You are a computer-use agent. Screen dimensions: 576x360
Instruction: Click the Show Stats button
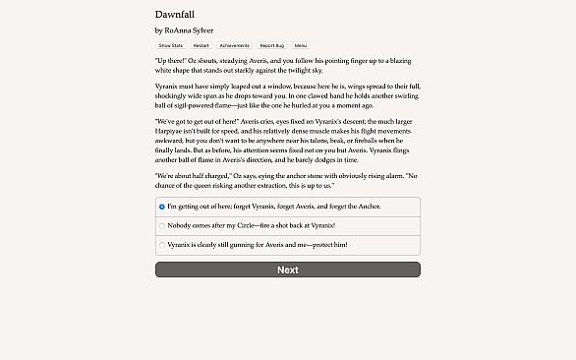point(170,45)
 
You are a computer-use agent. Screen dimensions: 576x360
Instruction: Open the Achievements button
point(234,45)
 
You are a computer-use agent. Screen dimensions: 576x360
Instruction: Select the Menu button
point(300,45)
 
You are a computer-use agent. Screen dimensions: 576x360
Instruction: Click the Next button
point(288,270)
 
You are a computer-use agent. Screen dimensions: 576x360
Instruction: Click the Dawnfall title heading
point(174,15)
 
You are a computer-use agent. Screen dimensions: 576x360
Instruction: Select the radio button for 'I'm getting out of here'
point(162,207)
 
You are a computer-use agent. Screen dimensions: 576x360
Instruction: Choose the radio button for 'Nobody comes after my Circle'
point(162,225)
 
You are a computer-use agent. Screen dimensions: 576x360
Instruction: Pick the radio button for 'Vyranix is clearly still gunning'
point(162,244)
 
